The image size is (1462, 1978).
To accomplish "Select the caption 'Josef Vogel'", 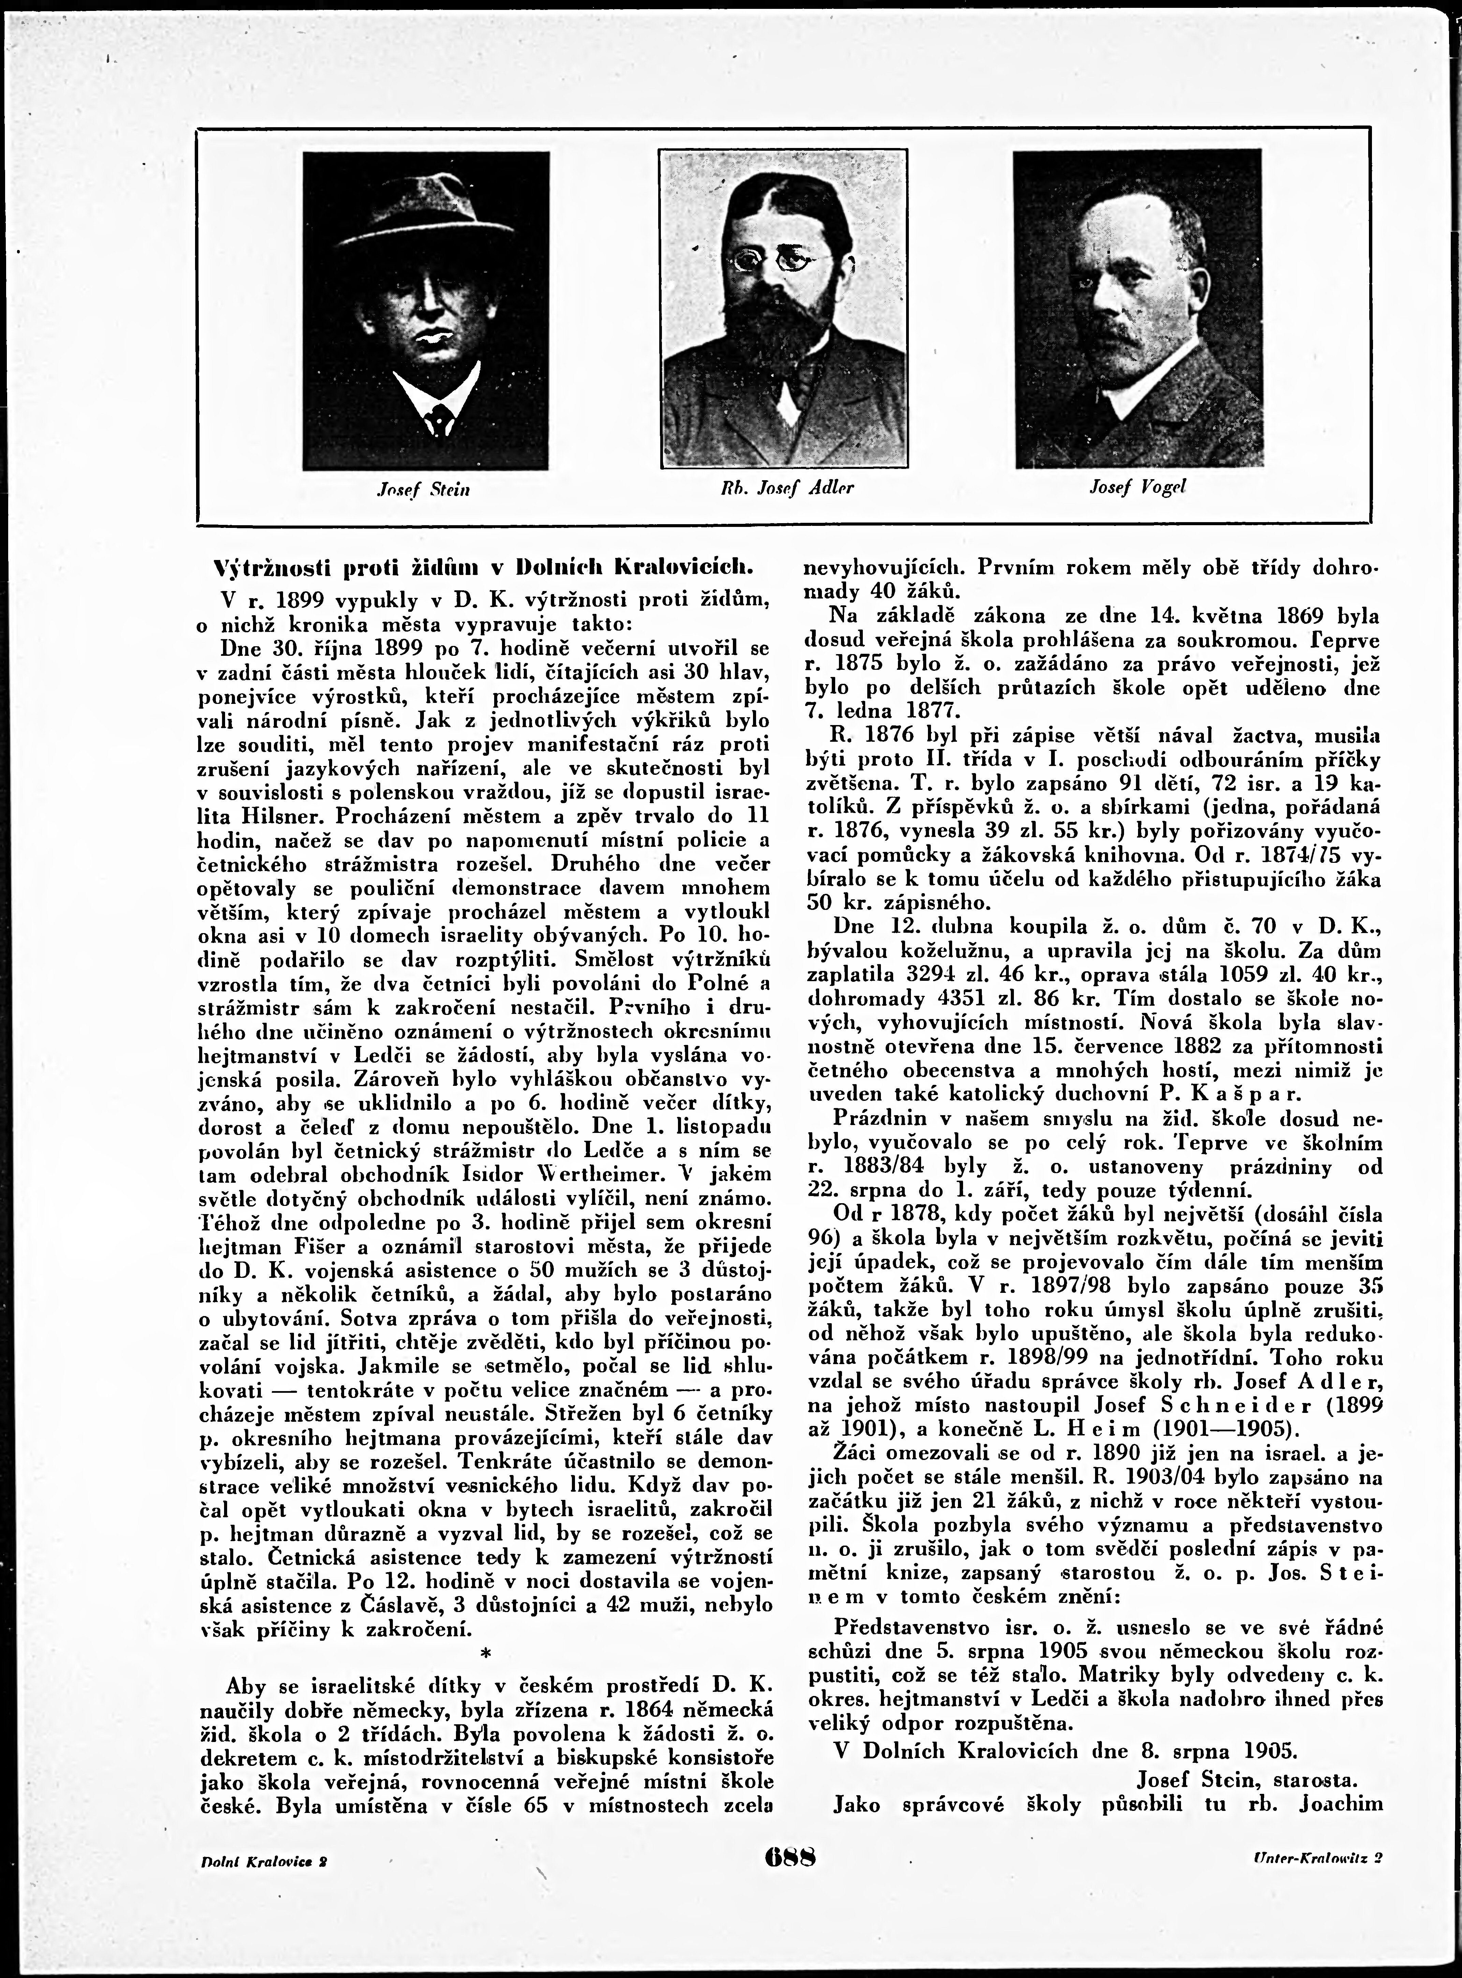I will click(x=1138, y=487).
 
